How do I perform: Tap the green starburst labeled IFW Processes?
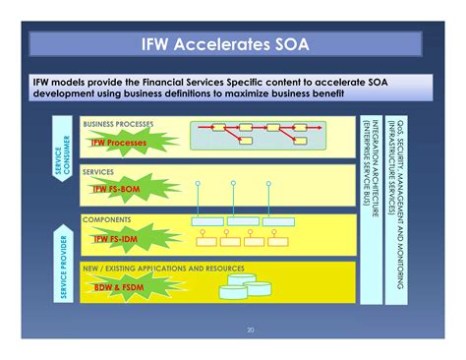click(118, 143)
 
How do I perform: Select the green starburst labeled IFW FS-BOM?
click(119, 189)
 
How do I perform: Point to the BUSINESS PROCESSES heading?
click(118, 124)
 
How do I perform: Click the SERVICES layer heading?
click(98, 171)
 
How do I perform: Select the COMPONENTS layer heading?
click(107, 218)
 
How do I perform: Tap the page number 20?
click(251, 330)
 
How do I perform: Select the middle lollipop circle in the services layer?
click(233, 184)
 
